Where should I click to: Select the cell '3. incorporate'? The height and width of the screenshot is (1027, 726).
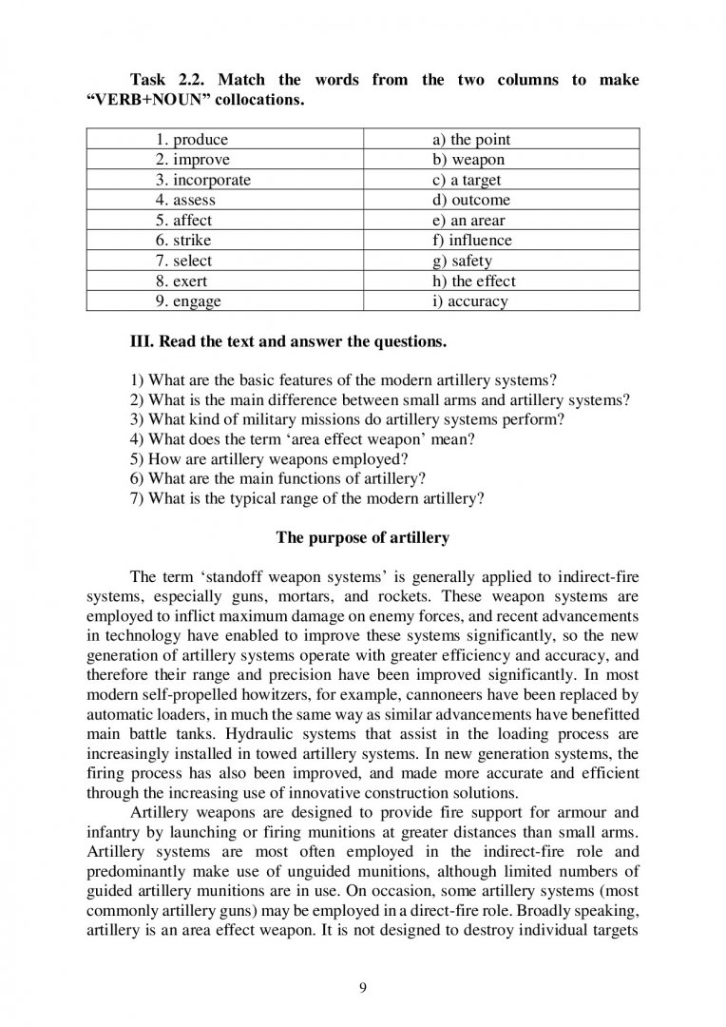204,180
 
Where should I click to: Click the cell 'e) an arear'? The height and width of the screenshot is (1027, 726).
468,221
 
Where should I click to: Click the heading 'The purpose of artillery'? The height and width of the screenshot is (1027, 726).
362,538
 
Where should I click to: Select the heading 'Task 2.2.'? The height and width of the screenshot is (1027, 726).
170,80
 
